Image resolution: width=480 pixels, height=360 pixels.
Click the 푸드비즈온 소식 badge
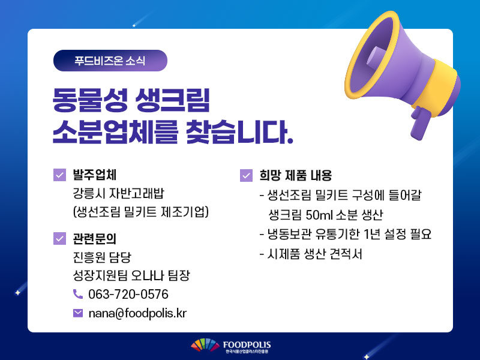click(110, 61)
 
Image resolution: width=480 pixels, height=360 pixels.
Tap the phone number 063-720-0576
click(128, 294)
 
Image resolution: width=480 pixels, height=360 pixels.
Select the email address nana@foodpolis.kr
click(137, 313)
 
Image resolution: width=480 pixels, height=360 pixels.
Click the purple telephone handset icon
click(78, 294)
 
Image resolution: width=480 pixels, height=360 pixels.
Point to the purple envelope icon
click(78, 313)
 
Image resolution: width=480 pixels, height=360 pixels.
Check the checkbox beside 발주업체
click(59, 175)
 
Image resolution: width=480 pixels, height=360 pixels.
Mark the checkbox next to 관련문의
click(59, 238)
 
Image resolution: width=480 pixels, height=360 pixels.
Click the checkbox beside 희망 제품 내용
click(247, 175)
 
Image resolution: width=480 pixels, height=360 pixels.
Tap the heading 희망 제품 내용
click(296, 175)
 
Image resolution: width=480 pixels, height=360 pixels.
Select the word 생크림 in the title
click(172, 100)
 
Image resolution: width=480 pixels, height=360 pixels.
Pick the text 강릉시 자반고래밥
click(118, 193)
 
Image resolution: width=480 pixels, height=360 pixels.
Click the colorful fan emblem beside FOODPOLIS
click(205, 346)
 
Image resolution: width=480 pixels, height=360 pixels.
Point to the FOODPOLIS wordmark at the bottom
click(247, 345)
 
